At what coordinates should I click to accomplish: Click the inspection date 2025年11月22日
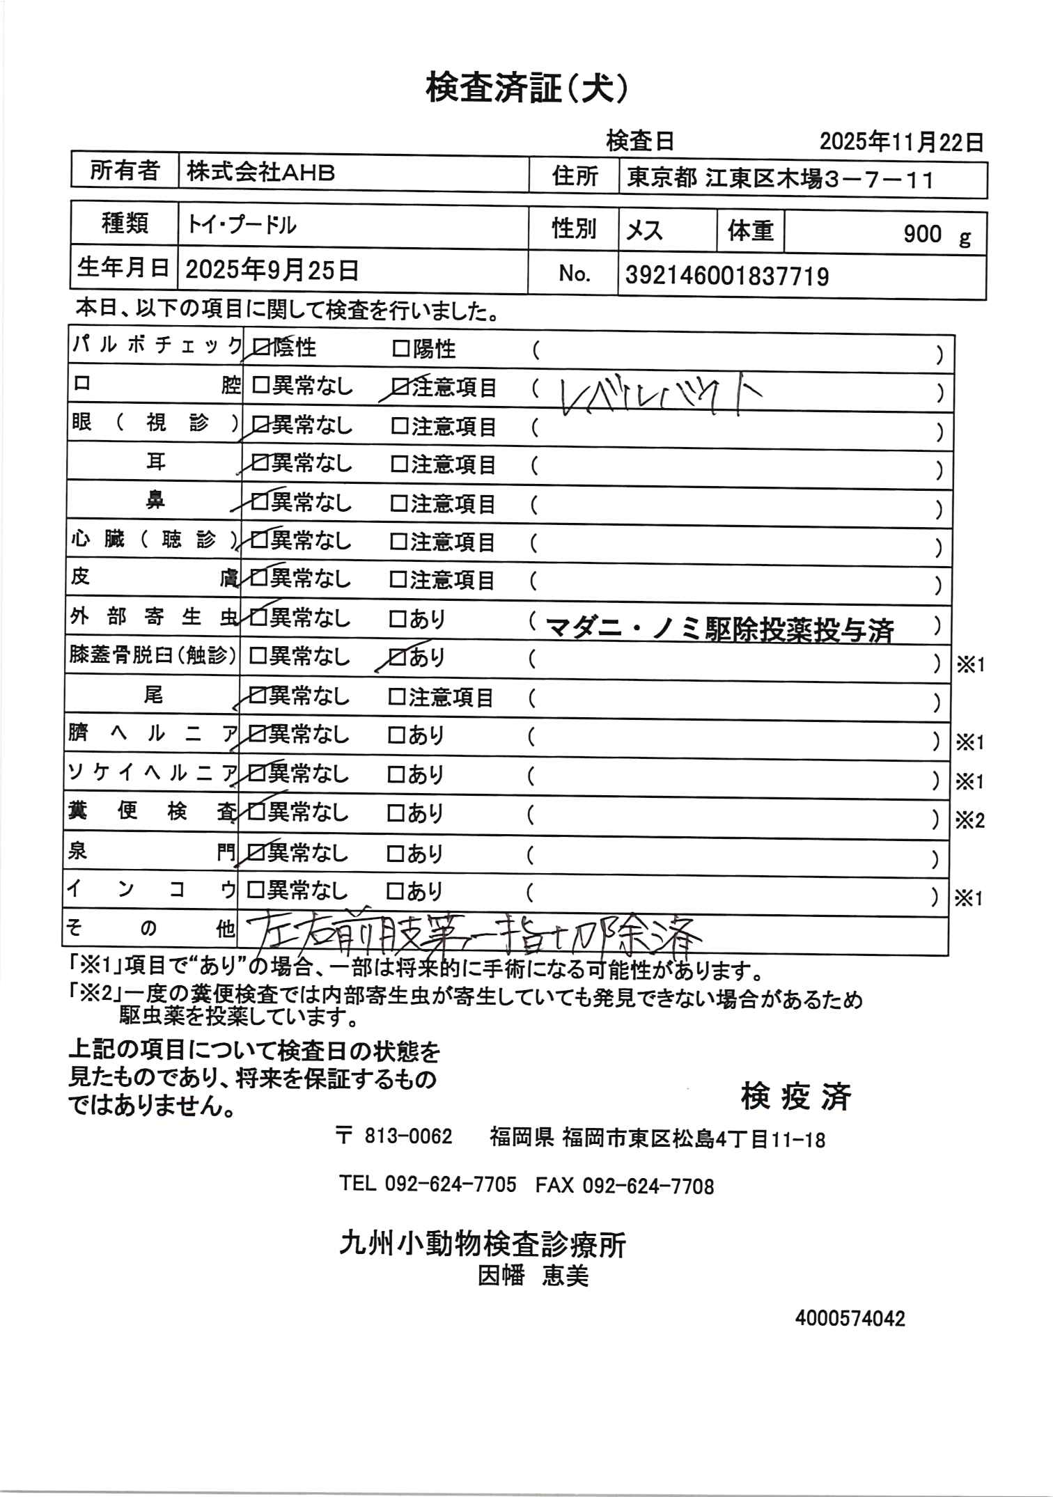(901, 143)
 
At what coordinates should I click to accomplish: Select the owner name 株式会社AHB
(260, 172)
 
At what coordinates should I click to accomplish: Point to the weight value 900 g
(936, 235)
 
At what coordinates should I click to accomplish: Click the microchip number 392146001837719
(727, 277)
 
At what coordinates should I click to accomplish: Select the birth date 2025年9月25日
(272, 269)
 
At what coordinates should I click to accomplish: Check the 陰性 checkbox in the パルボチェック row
(260, 347)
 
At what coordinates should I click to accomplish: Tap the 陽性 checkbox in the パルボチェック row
(402, 348)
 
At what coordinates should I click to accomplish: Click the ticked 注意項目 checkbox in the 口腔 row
(400, 386)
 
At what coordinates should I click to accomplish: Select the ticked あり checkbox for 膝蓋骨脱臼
(397, 657)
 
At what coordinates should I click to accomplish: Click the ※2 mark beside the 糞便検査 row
(969, 821)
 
